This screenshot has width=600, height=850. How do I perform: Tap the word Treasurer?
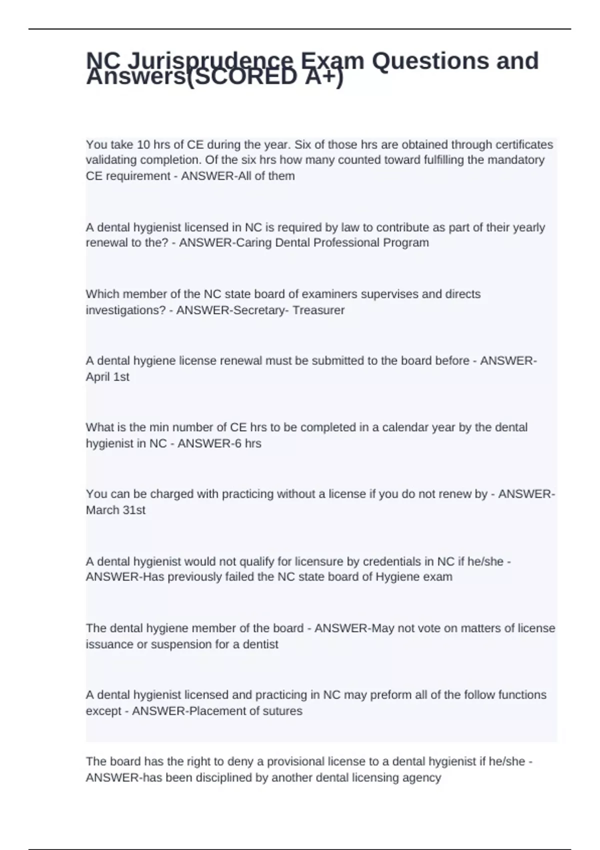click(318, 310)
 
